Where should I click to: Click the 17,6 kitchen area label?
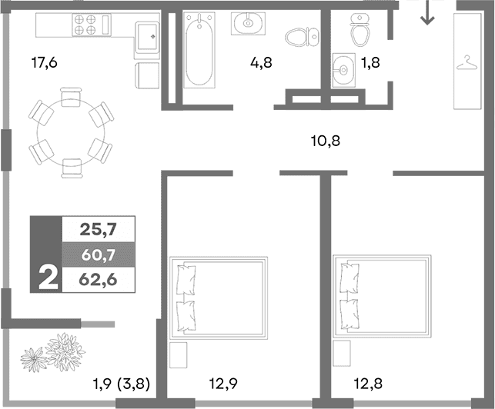pos(44,63)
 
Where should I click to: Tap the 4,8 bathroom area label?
pos(261,63)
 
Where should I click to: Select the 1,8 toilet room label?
pos(371,63)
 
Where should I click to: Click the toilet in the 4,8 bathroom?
pos(299,37)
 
